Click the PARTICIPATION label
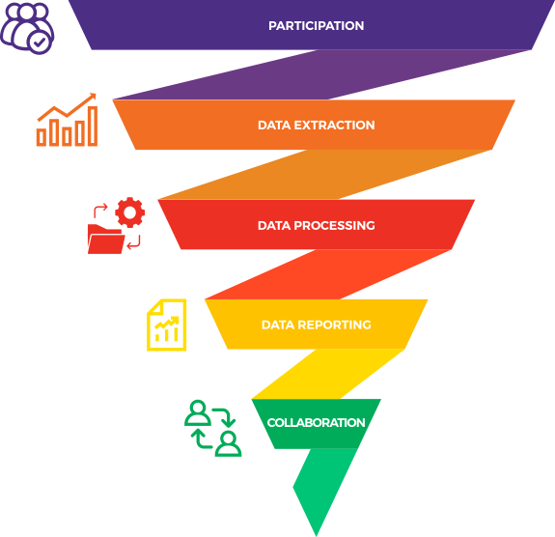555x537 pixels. (316, 25)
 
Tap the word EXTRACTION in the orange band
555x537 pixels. (334, 125)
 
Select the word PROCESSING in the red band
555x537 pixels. (334, 225)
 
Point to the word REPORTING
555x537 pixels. (334, 325)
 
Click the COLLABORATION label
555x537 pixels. (316, 423)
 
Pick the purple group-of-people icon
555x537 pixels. (27, 28)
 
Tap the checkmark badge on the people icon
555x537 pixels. (40, 42)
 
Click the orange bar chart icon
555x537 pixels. (67, 120)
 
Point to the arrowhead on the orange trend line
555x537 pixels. (93, 96)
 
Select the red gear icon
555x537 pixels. (130, 212)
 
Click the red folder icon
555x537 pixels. (105, 240)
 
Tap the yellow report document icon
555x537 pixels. (167, 325)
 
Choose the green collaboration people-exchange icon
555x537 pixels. (213, 428)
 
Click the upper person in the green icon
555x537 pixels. (198, 413)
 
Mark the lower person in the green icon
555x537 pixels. (229, 444)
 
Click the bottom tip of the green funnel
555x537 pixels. (316, 536)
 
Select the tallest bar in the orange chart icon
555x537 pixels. (93, 127)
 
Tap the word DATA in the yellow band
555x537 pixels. (278, 325)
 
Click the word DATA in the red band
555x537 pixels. (274, 225)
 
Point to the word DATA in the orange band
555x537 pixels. (274, 125)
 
